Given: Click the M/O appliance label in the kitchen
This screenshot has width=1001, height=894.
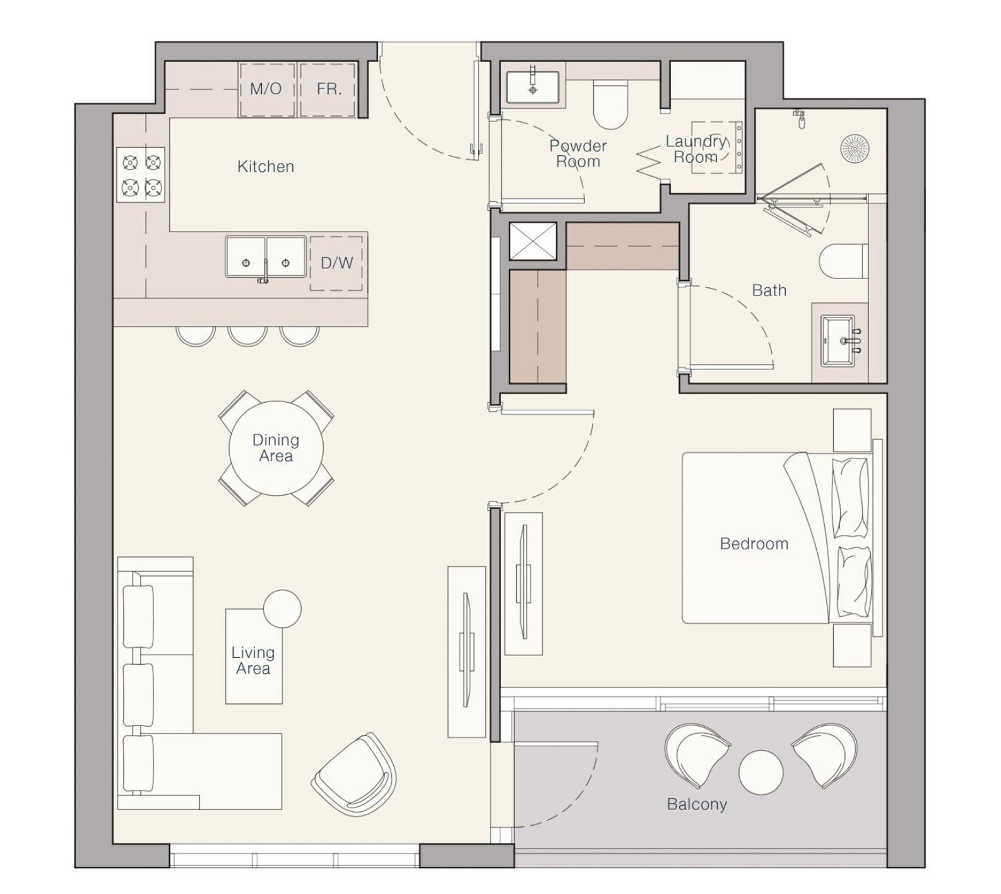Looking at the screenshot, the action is [266, 88].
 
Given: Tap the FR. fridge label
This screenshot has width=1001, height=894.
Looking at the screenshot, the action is [329, 89].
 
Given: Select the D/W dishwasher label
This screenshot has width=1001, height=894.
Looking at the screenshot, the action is [336, 263].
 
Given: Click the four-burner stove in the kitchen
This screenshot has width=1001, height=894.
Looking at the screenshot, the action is [141, 175].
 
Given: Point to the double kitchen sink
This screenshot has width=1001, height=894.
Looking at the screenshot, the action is [266, 257].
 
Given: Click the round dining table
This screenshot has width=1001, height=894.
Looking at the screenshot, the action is [276, 448].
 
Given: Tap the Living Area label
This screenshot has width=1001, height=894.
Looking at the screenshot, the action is [252, 660].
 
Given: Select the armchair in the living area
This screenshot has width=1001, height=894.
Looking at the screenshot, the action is [354, 774].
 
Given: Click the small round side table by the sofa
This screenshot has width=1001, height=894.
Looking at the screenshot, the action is [282, 609].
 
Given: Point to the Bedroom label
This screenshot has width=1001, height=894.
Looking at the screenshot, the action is [754, 544].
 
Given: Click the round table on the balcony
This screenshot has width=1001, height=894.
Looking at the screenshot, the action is [761, 772].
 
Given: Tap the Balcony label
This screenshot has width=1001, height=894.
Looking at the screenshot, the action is [697, 804].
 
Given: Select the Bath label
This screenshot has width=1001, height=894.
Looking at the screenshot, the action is [769, 290].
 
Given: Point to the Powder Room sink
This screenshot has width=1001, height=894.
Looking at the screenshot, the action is [533, 86].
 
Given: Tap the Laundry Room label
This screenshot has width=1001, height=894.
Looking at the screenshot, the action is [696, 149].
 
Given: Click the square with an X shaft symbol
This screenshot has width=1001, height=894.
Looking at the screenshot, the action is [533, 241].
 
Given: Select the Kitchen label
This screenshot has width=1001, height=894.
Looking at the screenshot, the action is [266, 167].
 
